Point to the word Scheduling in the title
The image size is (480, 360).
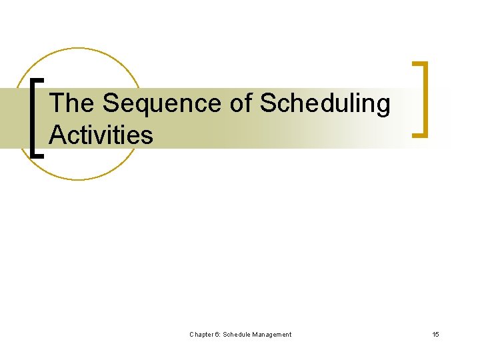tap(325, 103)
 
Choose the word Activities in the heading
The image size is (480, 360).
tap(101, 135)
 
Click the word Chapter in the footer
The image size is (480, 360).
tap(202, 334)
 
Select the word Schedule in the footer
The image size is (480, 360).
tap(238, 334)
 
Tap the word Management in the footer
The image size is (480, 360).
tap(273, 334)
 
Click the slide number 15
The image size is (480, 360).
tap(435, 334)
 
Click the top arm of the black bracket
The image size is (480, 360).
tap(39, 79)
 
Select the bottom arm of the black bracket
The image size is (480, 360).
tap(39, 155)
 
